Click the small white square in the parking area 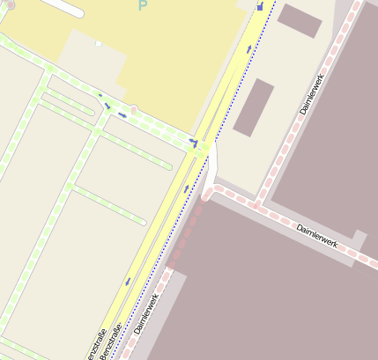point(99,43)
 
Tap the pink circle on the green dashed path point(133,109)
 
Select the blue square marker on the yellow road point(260,6)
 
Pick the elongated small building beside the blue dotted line point(254,107)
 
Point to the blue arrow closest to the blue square point(249,48)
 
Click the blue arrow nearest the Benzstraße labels point(129,282)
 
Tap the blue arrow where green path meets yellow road point(193,141)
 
